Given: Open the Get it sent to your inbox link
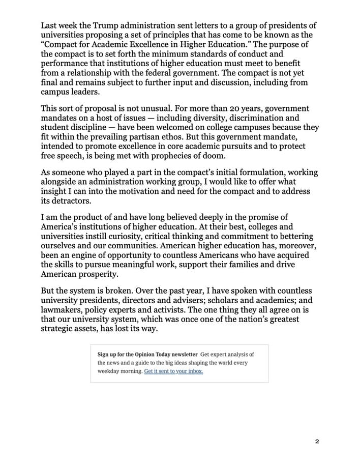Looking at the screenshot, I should coord(173,371).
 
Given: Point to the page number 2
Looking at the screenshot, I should coord(317,441).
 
